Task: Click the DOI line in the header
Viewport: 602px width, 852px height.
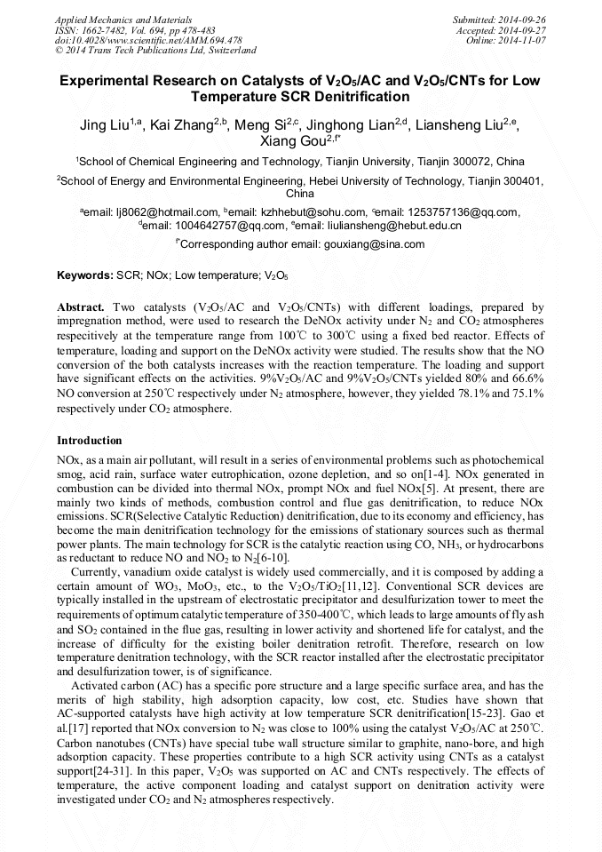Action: [x=148, y=40]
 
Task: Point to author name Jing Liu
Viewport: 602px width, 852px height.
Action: [x=107, y=125]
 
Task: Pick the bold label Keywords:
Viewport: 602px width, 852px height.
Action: [x=85, y=276]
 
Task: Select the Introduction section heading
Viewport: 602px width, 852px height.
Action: [x=90, y=441]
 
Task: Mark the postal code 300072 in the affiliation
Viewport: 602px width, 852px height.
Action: [x=470, y=162]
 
